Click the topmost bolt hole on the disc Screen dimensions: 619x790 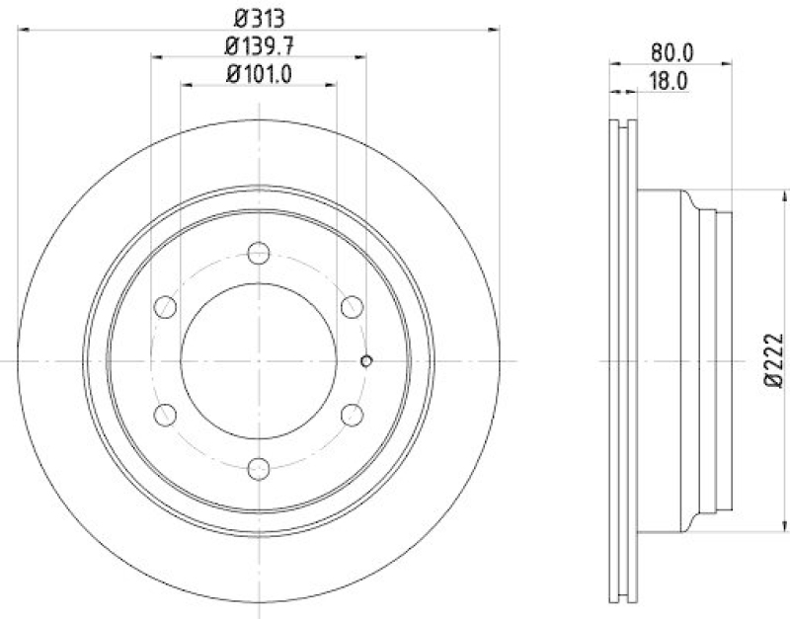tap(260, 254)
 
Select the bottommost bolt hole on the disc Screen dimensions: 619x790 tap(260, 468)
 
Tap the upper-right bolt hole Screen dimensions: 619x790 tap(353, 308)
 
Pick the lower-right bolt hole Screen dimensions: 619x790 tap(353, 415)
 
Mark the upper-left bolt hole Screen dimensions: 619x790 tap(166, 308)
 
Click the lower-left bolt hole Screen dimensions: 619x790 tap(166, 415)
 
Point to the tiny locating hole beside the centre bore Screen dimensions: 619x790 tap(366, 360)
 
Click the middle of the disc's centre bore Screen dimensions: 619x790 tap(260, 361)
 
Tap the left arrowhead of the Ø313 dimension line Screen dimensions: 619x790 tap(23, 31)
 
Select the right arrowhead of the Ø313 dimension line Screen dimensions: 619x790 tap(499, 31)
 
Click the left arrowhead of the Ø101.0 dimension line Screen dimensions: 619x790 tap(187, 87)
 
